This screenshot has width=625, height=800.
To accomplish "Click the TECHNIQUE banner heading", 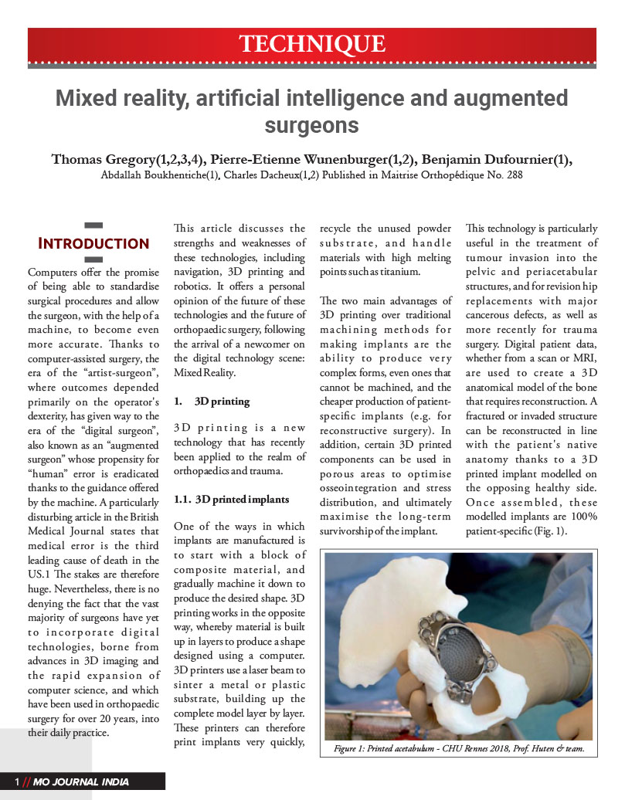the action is pyautogui.click(x=312, y=43).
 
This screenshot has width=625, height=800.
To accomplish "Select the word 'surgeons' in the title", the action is pyautogui.click(x=312, y=125).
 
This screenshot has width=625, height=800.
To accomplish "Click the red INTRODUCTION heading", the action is pyautogui.click(x=93, y=244).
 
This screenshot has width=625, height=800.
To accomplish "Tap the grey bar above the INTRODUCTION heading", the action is pyautogui.click(x=93, y=225).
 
